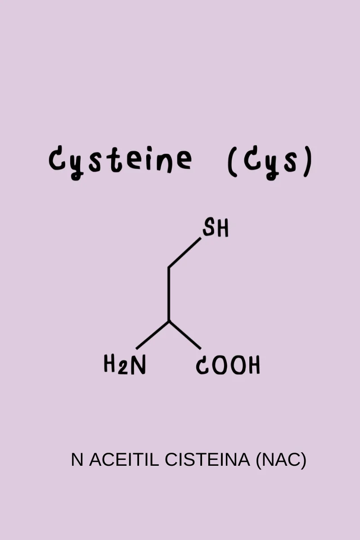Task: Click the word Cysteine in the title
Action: [x=120, y=162]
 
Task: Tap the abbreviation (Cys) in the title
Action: [x=270, y=162]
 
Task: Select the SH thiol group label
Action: [x=215, y=227]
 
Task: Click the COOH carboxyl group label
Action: [x=228, y=365]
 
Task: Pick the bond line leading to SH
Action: [x=184, y=252]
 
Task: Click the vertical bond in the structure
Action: [x=169, y=294]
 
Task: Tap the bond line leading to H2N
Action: [x=153, y=335]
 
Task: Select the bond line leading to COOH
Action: [x=185, y=335]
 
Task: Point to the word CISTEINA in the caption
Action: [x=207, y=459]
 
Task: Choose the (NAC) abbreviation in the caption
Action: [x=281, y=460]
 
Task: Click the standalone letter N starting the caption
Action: [x=77, y=459]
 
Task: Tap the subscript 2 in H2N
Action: [x=122, y=368]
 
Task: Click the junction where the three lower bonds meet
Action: [x=169, y=321]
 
